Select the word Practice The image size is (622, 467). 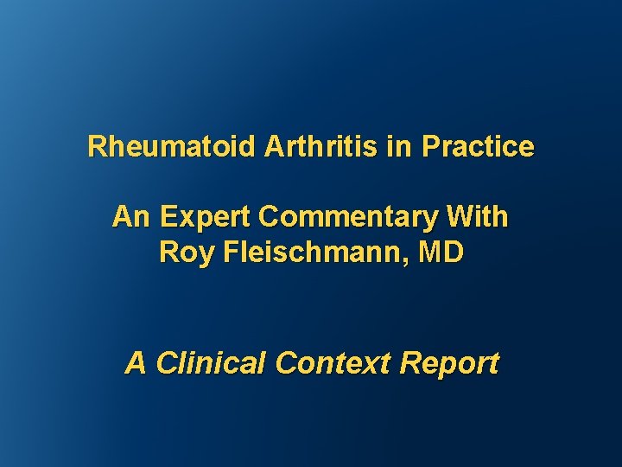pyautogui.click(x=478, y=147)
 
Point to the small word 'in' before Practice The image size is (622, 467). pyautogui.click(x=399, y=147)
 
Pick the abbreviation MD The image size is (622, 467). pyautogui.click(x=441, y=253)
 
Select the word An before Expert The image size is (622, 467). pyautogui.click(x=130, y=216)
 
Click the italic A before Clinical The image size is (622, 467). pyautogui.click(x=136, y=363)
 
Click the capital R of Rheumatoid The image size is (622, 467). pyautogui.click(x=96, y=147)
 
